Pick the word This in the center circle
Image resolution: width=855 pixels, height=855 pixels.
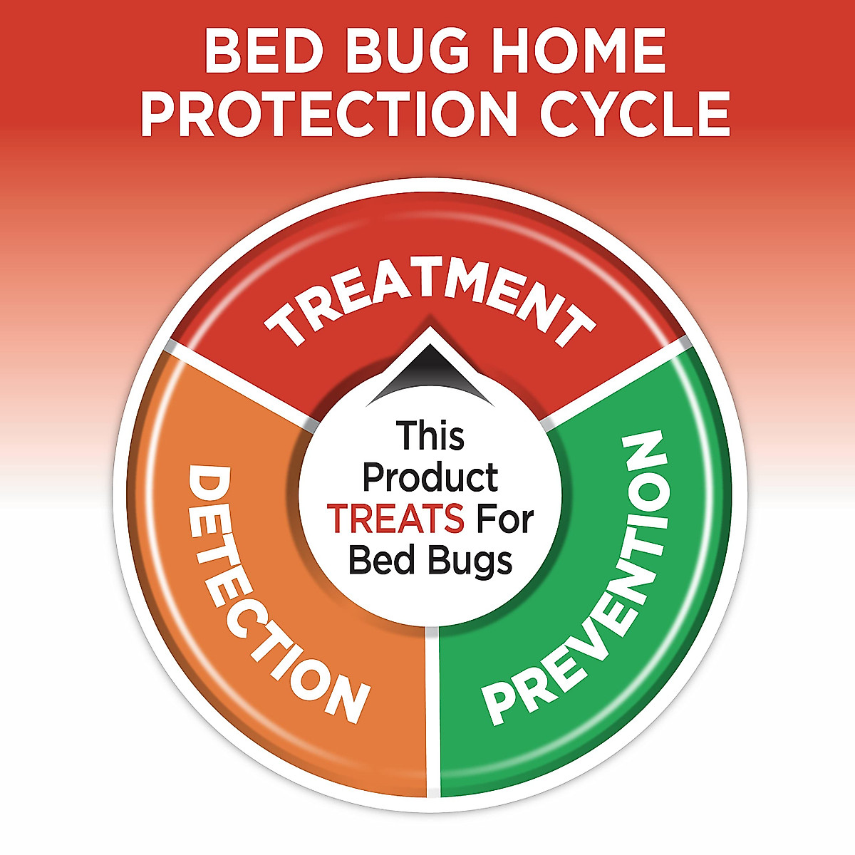click(430, 436)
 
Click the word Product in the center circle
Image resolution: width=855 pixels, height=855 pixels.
click(430, 478)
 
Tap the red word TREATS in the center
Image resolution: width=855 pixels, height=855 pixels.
click(395, 519)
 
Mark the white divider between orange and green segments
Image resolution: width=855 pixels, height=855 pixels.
click(432, 712)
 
